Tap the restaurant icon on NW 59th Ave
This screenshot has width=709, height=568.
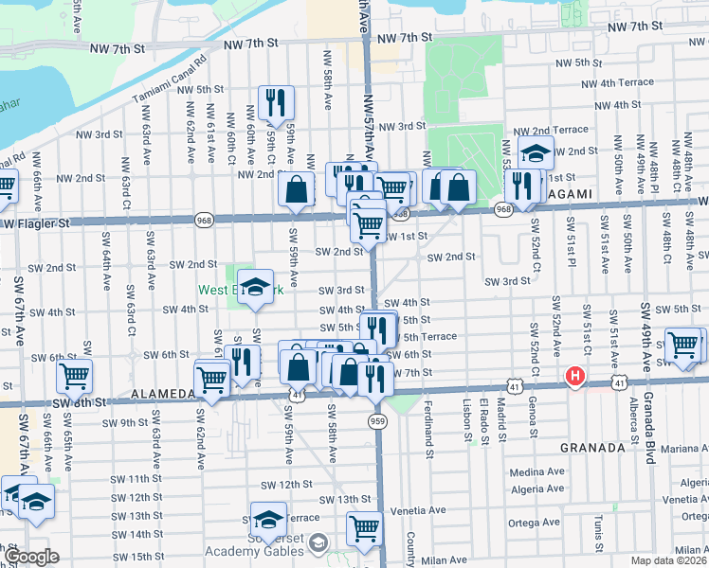(x=276, y=103)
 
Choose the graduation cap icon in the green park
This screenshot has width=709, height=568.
(x=254, y=288)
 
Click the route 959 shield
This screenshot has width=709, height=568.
(x=377, y=420)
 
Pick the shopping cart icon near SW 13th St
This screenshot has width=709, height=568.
(x=364, y=529)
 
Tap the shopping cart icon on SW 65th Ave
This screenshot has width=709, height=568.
(x=73, y=376)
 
